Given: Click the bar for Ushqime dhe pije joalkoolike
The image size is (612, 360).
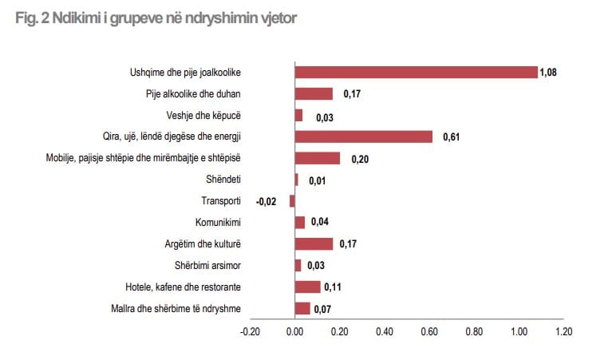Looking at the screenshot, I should click(x=416, y=72).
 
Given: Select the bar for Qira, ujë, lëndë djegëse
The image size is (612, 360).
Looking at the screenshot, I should click(x=363, y=136).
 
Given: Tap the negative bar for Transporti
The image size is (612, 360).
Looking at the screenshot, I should click(x=292, y=201).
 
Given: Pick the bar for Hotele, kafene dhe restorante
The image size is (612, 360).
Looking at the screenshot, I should click(x=307, y=287).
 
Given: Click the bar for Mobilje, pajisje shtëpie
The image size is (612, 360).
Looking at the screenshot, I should click(x=317, y=158).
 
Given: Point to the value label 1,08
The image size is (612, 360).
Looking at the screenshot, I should click(x=547, y=73).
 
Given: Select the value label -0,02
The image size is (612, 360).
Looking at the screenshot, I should click(x=266, y=202).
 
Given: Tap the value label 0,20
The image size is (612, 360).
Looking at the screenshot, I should click(x=359, y=159).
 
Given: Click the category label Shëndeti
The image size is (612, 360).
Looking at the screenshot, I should click(x=223, y=180).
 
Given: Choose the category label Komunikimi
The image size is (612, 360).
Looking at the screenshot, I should click(x=218, y=223).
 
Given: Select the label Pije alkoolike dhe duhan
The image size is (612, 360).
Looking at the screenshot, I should click(x=193, y=93).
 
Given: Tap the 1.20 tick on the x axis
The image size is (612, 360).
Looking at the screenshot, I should click(x=563, y=331).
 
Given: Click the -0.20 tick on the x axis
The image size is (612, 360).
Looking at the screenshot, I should click(x=251, y=331).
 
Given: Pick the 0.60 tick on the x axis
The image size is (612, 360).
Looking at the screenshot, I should click(x=429, y=331).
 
